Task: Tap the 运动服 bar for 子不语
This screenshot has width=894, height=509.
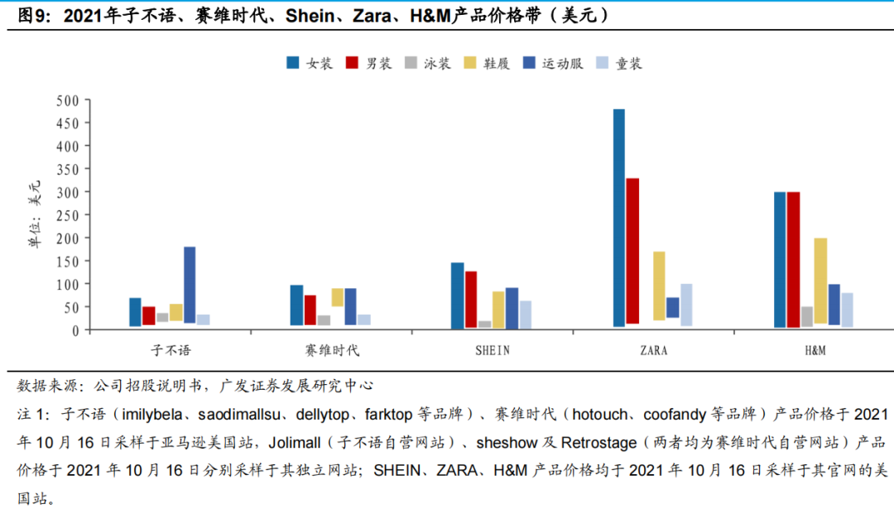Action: (x=190, y=285)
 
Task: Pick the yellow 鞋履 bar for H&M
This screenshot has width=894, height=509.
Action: (x=820, y=281)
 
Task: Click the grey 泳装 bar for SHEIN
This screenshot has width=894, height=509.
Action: (x=484, y=324)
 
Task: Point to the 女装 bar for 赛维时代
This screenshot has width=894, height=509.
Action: (x=296, y=305)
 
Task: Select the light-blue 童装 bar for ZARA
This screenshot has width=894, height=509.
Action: (x=686, y=305)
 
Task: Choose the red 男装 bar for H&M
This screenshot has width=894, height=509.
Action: (x=793, y=260)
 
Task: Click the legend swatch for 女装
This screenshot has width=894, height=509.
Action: (x=293, y=64)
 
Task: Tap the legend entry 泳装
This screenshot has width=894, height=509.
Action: (x=435, y=64)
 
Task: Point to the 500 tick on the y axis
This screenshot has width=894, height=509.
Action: (x=67, y=100)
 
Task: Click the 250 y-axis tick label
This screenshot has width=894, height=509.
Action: (x=67, y=215)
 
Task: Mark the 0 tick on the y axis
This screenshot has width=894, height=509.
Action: (x=74, y=329)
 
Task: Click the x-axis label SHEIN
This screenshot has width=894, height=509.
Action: (x=492, y=350)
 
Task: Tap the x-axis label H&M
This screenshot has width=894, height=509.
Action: (x=815, y=350)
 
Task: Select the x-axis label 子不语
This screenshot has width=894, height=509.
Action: (x=171, y=350)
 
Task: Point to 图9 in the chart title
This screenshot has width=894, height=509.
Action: (x=31, y=15)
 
